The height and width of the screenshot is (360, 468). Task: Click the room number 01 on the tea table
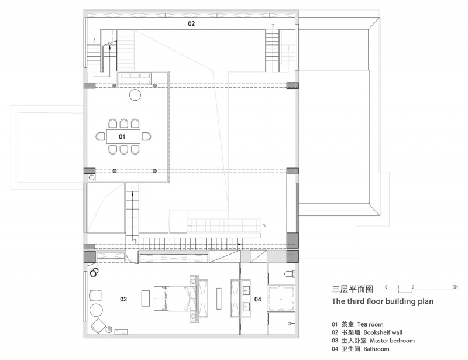[122, 136]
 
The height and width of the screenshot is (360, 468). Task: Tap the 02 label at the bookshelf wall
[191, 23]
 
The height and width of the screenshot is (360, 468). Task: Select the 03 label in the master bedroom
[123, 299]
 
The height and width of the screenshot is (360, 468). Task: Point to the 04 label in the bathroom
[258, 299]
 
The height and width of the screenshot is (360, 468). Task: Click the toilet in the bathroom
[290, 273]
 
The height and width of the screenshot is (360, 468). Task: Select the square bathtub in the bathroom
[281, 299]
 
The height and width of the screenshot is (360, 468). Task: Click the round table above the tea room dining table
[135, 95]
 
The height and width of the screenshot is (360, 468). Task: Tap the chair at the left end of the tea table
[101, 136]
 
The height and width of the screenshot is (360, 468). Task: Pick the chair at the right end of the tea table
[146, 136]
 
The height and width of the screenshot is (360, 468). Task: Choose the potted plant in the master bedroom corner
[95, 272]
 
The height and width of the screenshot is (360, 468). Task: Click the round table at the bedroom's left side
[97, 310]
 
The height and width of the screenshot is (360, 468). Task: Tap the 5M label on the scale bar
[455, 287]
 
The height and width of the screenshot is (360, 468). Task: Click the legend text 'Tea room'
[370, 324]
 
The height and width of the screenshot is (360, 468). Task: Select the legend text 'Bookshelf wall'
[383, 332]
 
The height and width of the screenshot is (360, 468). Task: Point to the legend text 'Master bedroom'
[392, 341]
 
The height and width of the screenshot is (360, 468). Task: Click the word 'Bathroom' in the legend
[376, 349]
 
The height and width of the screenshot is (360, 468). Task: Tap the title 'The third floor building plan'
[383, 301]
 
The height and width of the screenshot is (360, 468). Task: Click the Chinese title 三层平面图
[353, 289]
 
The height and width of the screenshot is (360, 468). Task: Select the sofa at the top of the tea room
[135, 78]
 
